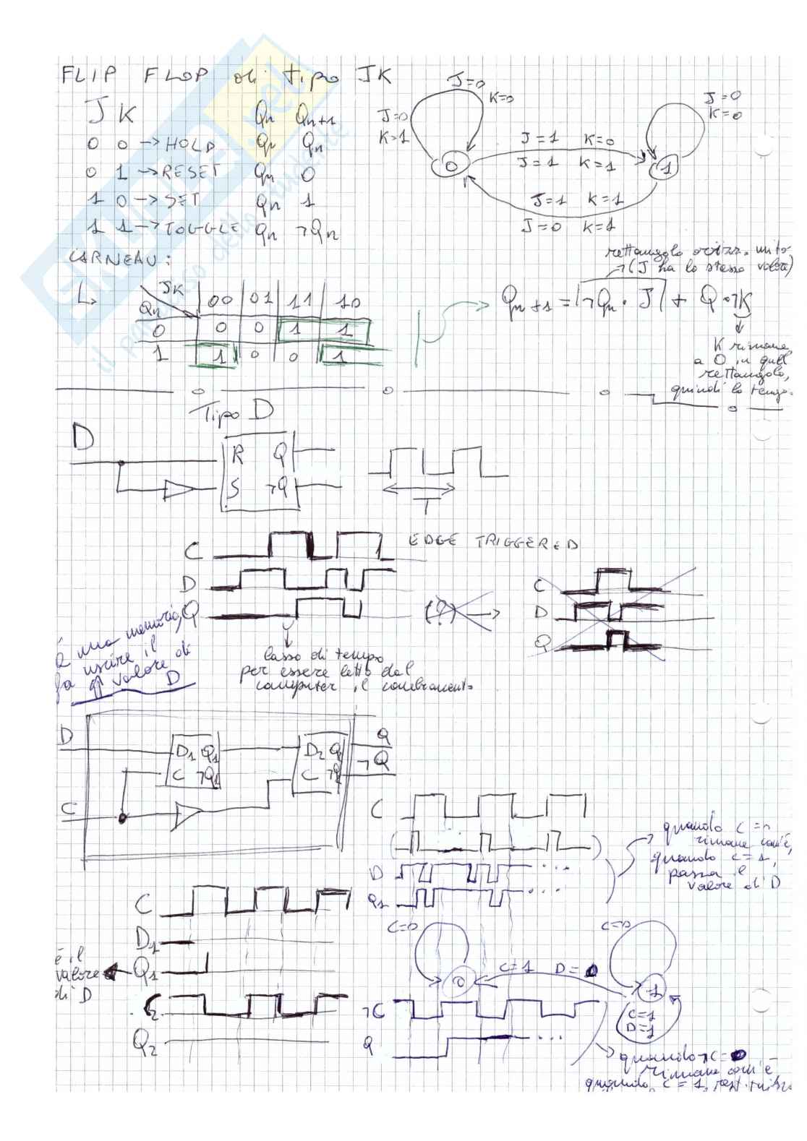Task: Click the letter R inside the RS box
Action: [239, 455]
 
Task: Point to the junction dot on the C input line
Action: [122, 817]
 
